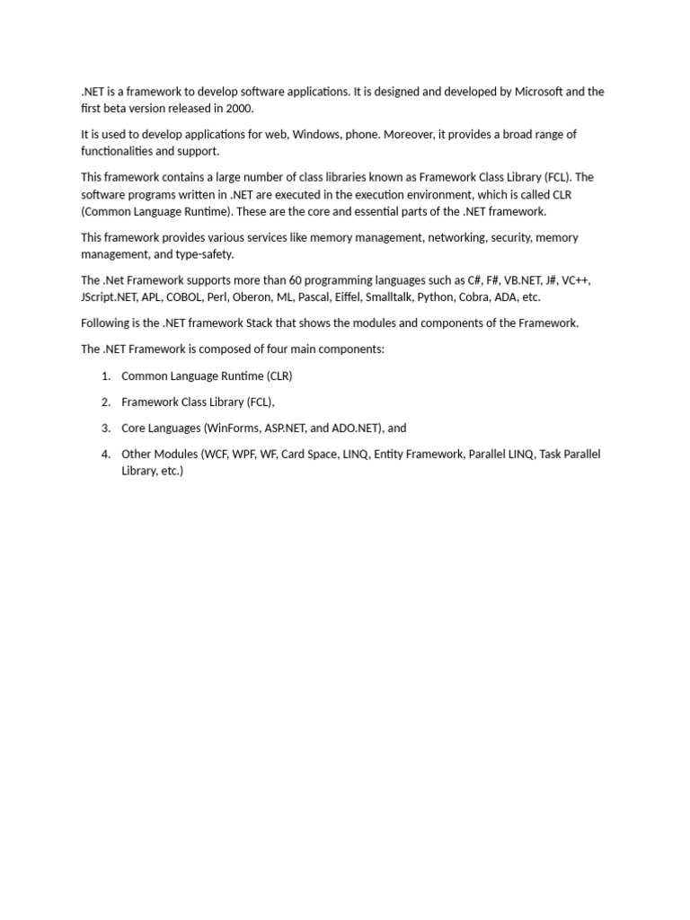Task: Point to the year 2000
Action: click(240, 109)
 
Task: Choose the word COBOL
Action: click(190, 297)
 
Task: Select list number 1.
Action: click(106, 376)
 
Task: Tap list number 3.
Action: click(106, 429)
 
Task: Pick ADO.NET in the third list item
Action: click(356, 429)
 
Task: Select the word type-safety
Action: click(205, 255)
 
